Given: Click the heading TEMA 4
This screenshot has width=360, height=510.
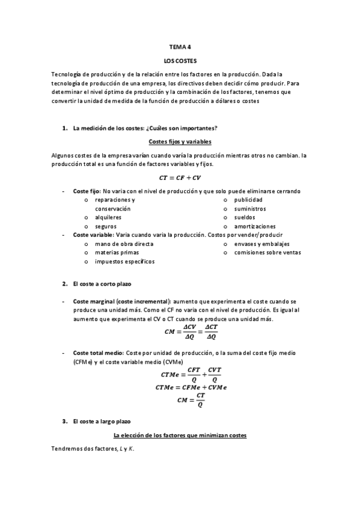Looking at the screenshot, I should coord(180,46).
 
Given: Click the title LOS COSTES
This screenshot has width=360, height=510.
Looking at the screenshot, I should coord(180,61).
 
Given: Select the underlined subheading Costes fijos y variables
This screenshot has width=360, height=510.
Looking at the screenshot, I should coord(180,141).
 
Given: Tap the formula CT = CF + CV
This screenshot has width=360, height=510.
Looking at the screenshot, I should coord(180,178).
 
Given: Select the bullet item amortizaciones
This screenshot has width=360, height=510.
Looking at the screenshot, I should coord(255,226).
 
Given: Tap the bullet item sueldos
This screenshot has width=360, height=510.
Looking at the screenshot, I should coord(245,217).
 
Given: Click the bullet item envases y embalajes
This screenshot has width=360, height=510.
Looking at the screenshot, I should coord(261,244).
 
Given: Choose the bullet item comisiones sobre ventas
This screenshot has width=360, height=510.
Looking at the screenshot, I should coord(267,253).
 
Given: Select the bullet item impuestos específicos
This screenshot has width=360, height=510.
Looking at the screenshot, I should coord(124,262).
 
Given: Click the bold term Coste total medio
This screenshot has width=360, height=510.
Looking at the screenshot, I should coord(98,352).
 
